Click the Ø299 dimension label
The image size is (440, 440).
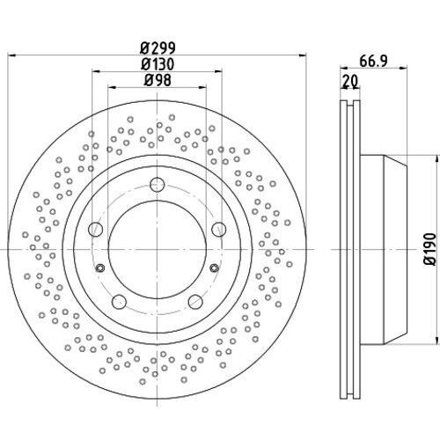point(158,48)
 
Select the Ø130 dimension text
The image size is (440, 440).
point(158,64)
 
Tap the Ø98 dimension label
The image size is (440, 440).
point(158,80)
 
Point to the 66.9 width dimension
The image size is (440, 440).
point(373,62)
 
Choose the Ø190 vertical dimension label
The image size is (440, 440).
point(430,249)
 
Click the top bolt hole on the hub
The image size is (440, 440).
point(158,185)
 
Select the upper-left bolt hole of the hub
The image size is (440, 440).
point(96,229)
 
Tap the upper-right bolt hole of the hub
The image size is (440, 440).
point(219,229)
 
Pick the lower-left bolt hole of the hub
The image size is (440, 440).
point(119,302)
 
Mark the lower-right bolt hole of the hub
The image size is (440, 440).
point(195,302)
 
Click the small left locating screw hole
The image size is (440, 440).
point(100,268)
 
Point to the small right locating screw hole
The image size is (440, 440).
point(215,268)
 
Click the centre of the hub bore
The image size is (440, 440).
point(158,249)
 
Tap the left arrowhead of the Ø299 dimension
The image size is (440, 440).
point(11,55)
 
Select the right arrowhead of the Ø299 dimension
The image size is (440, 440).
point(303,55)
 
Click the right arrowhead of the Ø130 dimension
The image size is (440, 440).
point(218,71)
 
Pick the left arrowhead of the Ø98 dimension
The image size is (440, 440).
point(112,87)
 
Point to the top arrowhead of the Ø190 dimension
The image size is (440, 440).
point(438,159)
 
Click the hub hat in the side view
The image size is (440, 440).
point(383,249)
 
